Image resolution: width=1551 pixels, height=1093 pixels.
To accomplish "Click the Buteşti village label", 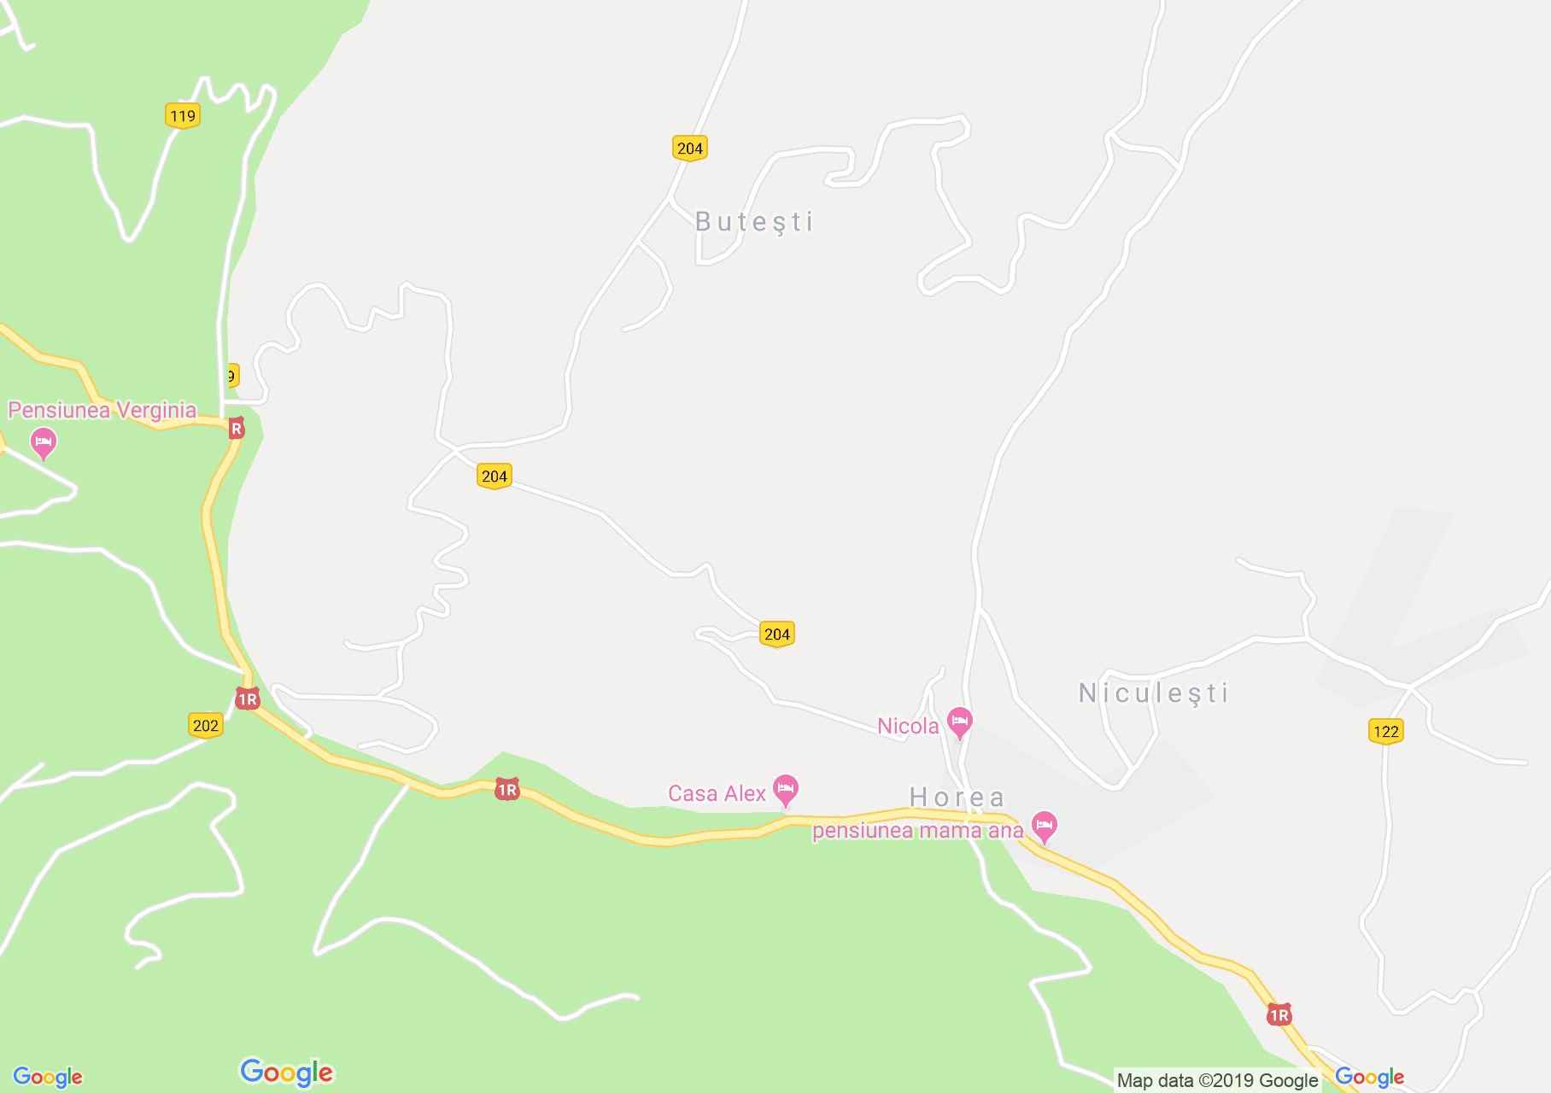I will pyautogui.click(x=754, y=222).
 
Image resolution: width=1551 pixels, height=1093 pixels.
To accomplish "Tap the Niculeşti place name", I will pyautogui.click(x=1154, y=693).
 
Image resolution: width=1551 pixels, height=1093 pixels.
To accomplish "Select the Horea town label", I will pyautogui.click(x=957, y=798).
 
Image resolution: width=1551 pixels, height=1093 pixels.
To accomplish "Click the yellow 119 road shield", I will pyautogui.click(x=183, y=116).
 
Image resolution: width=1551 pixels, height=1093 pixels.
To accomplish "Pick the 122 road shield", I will pyautogui.click(x=1385, y=731).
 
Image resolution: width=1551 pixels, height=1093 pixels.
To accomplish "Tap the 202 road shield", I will pyautogui.click(x=205, y=726).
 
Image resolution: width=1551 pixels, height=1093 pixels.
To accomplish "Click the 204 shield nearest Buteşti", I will pyautogui.click(x=689, y=149).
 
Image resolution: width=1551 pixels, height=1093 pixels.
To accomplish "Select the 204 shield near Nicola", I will pyautogui.click(x=776, y=634).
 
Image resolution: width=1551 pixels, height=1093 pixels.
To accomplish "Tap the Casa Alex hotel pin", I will pyautogui.click(x=785, y=789).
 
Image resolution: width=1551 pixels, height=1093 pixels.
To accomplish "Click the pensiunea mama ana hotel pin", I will pyautogui.click(x=1044, y=826).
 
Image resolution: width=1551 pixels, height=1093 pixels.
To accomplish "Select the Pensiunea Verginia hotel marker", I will pyautogui.click(x=43, y=443).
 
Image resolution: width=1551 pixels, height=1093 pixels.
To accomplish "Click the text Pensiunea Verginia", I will pyautogui.click(x=102, y=411).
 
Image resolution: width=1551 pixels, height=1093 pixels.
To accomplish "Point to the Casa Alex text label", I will pyautogui.click(x=717, y=794).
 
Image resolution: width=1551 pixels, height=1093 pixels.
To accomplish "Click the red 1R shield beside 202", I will pyautogui.click(x=247, y=699).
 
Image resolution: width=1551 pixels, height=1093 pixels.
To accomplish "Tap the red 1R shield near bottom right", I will pyautogui.click(x=1279, y=1014).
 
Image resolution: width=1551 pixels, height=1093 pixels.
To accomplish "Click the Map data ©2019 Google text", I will pyautogui.click(x=1217, y=1080).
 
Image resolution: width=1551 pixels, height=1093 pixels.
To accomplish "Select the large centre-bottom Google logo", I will pyautogui.click(x=286, y=1073).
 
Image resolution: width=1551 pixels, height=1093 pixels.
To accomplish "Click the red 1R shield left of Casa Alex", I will pyautogui.click(x=506, y=790).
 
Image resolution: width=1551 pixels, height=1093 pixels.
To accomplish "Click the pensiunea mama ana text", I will pyautogui.click(x=917, y=831).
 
